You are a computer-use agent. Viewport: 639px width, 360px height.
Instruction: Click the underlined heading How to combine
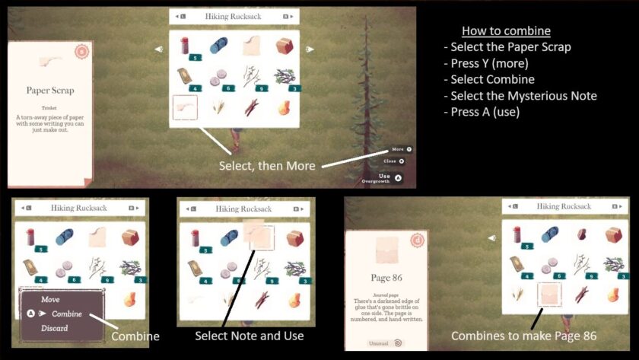point(506,31)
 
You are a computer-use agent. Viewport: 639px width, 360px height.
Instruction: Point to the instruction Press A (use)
point(488,111)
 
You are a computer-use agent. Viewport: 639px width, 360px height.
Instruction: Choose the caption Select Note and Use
point(249,336)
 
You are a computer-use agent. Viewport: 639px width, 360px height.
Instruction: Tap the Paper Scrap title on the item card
point(50,91)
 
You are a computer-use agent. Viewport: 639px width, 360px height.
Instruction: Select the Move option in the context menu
point(50,300)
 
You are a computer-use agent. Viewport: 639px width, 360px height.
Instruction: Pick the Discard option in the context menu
point(54,328)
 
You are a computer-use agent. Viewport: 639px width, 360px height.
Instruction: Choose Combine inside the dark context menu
point(67,314)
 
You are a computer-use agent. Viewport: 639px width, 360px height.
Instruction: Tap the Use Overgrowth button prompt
point(381,178)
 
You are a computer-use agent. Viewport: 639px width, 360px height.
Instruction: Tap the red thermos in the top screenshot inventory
point(185,46)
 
